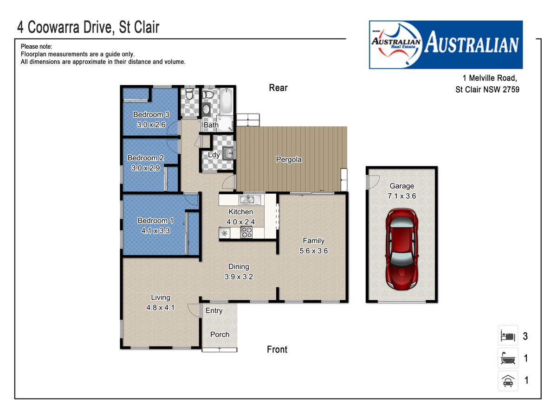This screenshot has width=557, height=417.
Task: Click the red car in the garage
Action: [402, 249]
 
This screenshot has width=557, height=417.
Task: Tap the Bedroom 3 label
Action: [151, 114]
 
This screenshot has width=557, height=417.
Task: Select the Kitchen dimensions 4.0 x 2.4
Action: [240, 222]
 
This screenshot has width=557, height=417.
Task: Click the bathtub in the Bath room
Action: [226, 101]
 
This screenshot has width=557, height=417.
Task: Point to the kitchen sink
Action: [250, 200]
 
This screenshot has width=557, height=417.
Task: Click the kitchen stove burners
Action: [246, 233]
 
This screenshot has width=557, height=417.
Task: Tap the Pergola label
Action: [289, 159]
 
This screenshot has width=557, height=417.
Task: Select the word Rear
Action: [278, 88]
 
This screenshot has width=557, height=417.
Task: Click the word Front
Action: [277, 349]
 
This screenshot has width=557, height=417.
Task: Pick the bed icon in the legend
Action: [507, 336]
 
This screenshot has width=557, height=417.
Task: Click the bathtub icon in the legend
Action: [507, 358]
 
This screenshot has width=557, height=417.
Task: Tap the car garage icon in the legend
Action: [507, 381]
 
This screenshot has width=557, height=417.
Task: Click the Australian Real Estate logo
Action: [446, 44]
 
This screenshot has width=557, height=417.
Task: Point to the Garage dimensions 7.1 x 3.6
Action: [402, 196]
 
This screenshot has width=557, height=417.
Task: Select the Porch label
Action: [220, 335]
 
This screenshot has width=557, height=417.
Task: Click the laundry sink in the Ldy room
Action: [227, 153]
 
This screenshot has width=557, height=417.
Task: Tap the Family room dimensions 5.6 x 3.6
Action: [314, 251]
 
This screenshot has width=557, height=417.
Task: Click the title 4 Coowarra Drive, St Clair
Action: [88, 27]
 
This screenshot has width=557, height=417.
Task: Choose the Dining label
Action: [239, 266]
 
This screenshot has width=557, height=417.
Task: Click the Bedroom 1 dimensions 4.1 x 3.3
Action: [155, 231]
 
